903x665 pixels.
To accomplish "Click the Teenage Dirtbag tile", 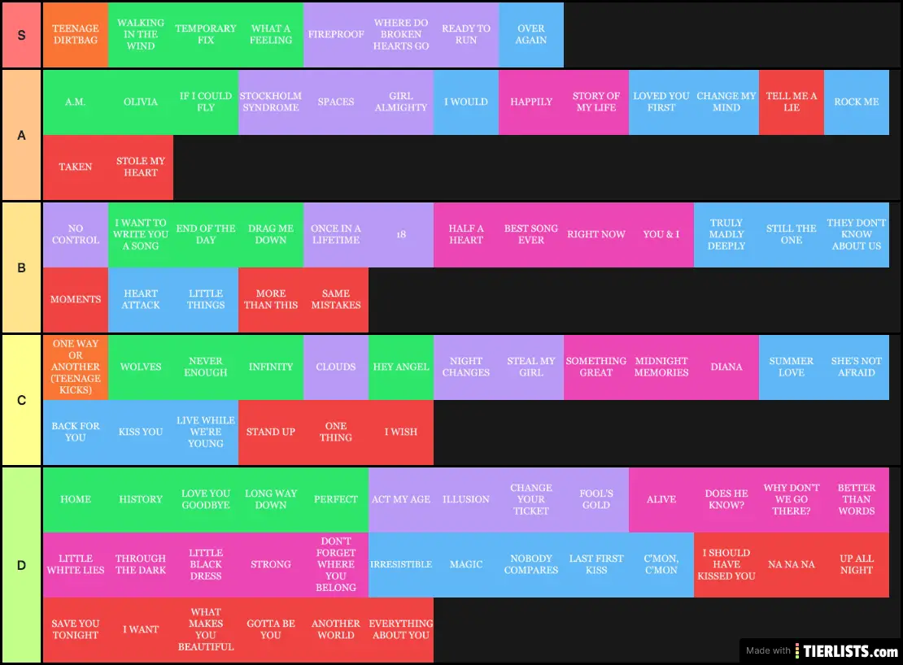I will click(76, 34).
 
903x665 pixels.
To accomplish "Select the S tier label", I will click(21, 35).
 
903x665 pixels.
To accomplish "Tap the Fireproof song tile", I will click(336, 34).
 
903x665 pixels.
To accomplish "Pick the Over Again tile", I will click(531, 34).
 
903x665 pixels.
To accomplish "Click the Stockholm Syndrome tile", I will click(271, 102).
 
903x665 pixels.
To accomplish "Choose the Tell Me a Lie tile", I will click(792, 102).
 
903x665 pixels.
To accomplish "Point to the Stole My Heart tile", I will click(141, 167).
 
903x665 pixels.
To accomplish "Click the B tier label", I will click(21, 267).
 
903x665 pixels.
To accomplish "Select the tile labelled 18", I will click(401, 234).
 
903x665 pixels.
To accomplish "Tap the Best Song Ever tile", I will click(531, 234).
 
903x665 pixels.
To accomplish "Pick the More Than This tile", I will click(271, 299).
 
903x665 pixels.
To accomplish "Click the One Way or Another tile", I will click(76, 367).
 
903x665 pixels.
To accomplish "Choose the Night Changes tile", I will click(466, 367).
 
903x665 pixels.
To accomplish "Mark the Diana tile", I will click(726, 367).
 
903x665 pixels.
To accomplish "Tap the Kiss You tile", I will click(141, 432).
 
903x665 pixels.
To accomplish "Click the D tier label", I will click(21, 564).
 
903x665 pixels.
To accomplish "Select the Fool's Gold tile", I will click(596, 499).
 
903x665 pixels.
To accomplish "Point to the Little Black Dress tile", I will click(206, 564).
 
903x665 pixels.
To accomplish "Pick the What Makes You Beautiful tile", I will click(206, 629).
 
